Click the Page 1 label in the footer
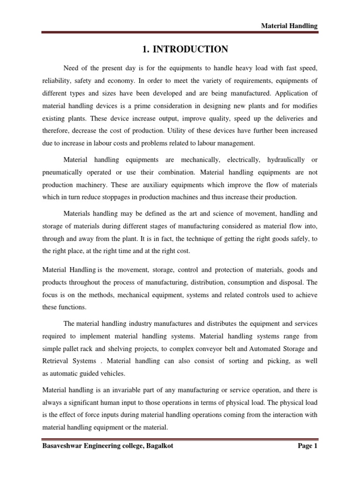click(x=307, y=446)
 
